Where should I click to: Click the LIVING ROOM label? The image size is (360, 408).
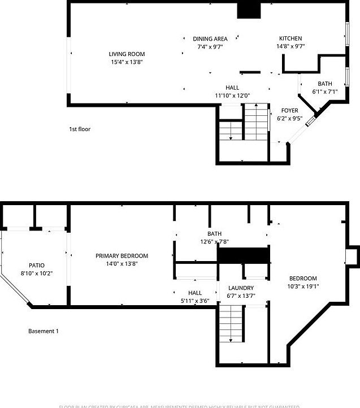[x=127, y=54]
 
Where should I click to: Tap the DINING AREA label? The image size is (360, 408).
[x=210, y=39]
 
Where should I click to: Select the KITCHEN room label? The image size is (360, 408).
[x=290, y=39]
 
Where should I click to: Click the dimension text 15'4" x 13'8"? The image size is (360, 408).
[x=127, y=62]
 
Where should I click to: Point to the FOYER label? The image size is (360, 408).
[x=289, y=111]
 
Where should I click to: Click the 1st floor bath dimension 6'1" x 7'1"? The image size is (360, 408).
[x=324, y=92]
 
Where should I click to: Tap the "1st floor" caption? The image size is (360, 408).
[x=80, y=129]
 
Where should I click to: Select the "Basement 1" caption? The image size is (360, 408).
[x=44, y=331]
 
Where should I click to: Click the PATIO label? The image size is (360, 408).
[x=37, y=265]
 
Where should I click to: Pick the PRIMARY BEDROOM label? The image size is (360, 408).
[x=122, y=256]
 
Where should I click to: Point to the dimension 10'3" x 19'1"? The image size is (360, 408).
[x=303, y=286]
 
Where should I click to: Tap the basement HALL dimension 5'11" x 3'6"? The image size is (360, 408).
[x=195, y=301]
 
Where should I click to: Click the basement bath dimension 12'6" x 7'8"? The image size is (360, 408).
[x=214, y=242]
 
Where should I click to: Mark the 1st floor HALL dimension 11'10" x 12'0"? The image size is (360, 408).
[x=232, y=96]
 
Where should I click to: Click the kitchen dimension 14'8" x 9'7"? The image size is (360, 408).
[x=290, y=47]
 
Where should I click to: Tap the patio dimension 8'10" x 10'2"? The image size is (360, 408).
[x=37, y=273]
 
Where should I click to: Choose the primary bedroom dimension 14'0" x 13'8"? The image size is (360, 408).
[x=122, y=264]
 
